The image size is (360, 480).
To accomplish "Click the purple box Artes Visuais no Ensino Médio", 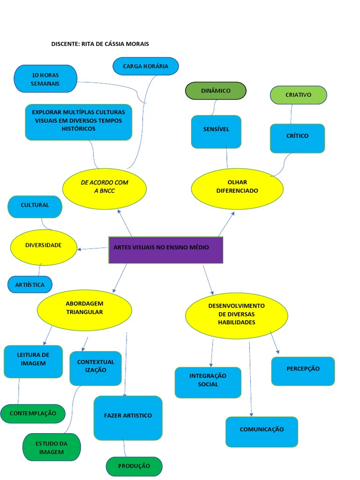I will pyautogui.click(x=165, y=250).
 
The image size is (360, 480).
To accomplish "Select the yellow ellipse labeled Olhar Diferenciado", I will pyautogui.click(x=237, y=188).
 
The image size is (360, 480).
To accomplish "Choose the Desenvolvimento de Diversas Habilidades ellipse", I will pyautogui.click(x=236, y=315).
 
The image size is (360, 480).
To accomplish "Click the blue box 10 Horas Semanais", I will pyautogui.click(x=45, y=79).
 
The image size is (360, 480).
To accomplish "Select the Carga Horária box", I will pyautogui.click(x=145, y=66).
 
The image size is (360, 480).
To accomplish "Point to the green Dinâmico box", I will pyautogui.click(x=216, y=91).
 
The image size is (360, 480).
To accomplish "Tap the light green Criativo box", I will pyautogui.click(x=298, y=95).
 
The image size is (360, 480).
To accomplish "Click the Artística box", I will pyautogui.click(x=30, y=285).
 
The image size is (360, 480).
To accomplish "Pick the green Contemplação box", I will pyautogui.click(x=33, y=413).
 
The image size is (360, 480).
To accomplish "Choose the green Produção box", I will pyautogui.click(x=134, y=466).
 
